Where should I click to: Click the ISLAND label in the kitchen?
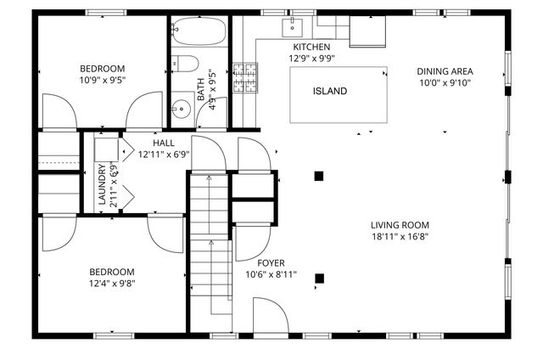(330, 91)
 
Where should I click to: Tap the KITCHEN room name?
(311, 47)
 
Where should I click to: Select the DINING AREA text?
(445, 70)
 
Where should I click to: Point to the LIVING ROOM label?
(400, 225)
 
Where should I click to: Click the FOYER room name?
(271, 263)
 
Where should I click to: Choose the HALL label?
(164, 143)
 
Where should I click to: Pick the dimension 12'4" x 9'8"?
(113, 284)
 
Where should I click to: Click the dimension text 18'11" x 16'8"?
(400, 237)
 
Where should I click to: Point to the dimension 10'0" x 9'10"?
(445, 82)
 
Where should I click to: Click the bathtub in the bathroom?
(198, 33)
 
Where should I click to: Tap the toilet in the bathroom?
(186, 64)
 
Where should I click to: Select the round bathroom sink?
(180, 108)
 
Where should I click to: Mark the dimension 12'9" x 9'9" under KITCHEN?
(311, 59)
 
